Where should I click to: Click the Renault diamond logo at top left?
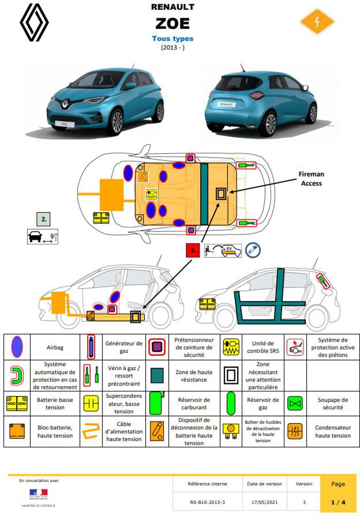(34, 23)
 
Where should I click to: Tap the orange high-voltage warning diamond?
(317, 22)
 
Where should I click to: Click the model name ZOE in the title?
(172, 24)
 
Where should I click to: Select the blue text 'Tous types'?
(172, 39)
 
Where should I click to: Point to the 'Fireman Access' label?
(311, 179)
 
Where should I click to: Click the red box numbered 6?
(193, 250)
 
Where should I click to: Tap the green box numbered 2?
(44, 219)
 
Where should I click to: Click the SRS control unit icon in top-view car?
(152, 194)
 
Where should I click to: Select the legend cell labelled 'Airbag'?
(55, 348)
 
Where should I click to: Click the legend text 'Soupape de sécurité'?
(332, 403)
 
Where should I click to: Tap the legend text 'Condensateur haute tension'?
(332, 431)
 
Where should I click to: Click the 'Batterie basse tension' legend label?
(55, 403)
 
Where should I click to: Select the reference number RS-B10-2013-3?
(207, 502)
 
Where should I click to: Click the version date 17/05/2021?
(264, 502)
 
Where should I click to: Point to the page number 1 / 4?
(338, 502)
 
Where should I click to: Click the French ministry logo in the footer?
(38, 494)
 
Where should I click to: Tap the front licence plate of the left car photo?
(64, 124)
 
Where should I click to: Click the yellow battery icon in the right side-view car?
(207, 304)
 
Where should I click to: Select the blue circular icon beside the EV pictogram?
(253, 250)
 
